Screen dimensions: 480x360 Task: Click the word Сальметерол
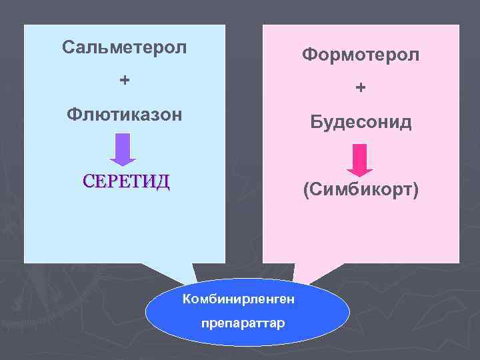(x=124, y=47)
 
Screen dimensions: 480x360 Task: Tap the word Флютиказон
(x=124, y=114)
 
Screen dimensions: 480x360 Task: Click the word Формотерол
(x=361, y=55)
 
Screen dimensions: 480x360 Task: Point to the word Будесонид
(x=361, y=123)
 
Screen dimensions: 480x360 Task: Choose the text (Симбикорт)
(x=361, y=191)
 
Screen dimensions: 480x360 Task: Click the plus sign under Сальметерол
(x=124, y=81)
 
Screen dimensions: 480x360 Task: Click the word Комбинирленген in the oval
(x=239, y=297)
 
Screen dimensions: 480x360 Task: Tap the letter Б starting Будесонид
(x=315, y=123)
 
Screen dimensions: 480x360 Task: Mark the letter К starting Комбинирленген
(x=187, y=297)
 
